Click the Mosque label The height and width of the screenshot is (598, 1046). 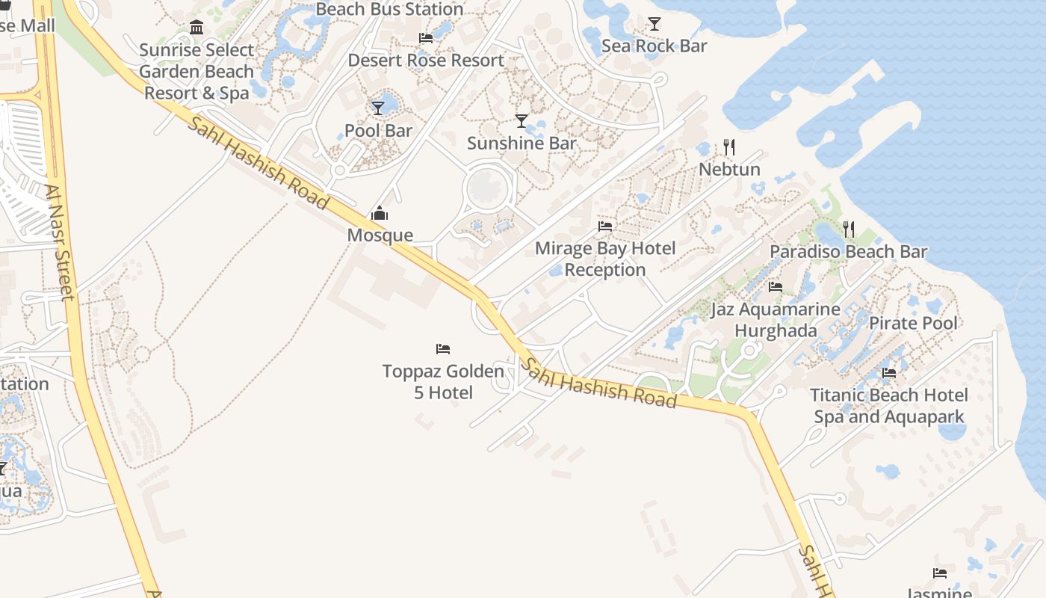point(380,235)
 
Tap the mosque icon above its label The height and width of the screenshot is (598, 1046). point(380,214)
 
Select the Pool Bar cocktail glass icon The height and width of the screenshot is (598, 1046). point(378,108)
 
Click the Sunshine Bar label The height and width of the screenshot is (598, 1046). point(522,143)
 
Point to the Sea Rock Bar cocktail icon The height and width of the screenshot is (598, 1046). point(654,24)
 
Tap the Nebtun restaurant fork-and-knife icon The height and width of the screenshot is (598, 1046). point(729,147)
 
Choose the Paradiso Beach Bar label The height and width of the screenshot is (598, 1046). point(848,252)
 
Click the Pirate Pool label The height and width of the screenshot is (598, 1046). point(913,323)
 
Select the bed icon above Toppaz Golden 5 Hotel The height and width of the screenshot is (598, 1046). point(443,348)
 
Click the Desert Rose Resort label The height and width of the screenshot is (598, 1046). point(426,61)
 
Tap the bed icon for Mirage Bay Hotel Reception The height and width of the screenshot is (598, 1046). point(605,226)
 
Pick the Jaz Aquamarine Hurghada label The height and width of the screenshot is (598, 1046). point(776,319)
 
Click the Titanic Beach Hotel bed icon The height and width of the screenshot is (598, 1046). point(889,372)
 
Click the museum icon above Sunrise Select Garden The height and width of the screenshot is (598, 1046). point(196,28)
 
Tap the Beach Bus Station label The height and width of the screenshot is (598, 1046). point(389,10)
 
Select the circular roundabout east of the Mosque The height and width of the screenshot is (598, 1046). point(488,187)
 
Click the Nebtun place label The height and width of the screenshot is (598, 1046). point(729,170)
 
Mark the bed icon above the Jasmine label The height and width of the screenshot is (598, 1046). point(940,573)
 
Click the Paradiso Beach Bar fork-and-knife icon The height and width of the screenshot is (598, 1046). point(849,229)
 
